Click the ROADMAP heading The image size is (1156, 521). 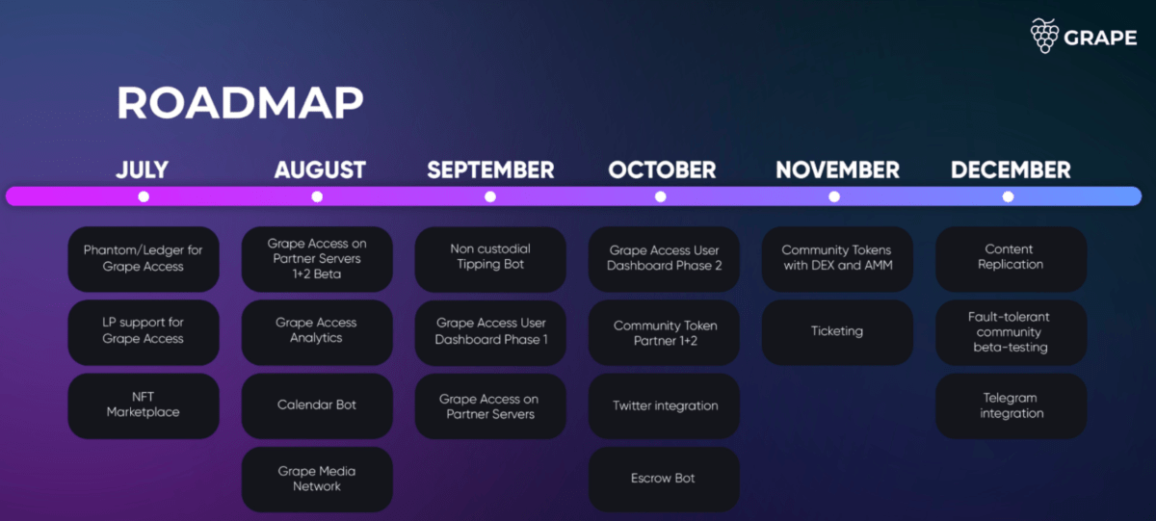[240, 103]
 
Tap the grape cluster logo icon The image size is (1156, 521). [1044, 36]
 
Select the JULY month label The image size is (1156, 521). [143, 170]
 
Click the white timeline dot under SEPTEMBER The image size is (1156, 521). [490, 196]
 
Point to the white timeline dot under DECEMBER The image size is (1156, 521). [1008, 196]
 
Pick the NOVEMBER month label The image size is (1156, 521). [837, 170]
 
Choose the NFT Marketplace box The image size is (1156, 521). [144, 404]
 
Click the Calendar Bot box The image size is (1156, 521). [317, 405]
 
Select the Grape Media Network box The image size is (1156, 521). [317, 479]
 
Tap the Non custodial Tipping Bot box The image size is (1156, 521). [490, 257]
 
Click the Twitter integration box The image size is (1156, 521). [665, 405]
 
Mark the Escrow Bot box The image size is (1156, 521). [664, 479]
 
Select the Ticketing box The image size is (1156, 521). [837, 331]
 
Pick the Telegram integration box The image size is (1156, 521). [1011, 405]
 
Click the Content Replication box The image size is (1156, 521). [1011, 257]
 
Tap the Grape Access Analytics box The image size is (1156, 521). [317, 331]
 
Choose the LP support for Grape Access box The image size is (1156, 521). [144, 331]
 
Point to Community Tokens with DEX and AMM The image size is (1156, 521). [837, 257]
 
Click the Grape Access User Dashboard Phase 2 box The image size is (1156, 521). [664, 257]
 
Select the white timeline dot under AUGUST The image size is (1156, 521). [317, 196]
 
